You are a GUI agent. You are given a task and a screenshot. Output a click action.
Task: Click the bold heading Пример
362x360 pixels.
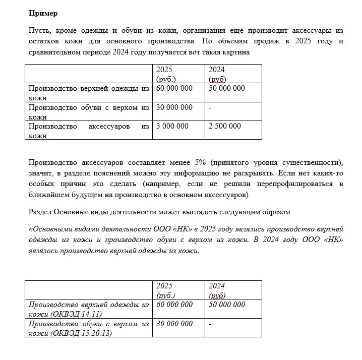43,13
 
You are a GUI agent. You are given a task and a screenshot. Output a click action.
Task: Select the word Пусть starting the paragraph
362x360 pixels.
39,31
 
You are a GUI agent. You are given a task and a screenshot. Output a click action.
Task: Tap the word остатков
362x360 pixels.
44,41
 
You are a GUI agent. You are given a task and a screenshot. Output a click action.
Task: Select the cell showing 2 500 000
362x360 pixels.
225,126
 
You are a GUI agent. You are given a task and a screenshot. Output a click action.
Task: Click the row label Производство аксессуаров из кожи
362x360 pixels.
89,131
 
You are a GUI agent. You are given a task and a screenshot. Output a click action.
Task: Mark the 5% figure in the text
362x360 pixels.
199,162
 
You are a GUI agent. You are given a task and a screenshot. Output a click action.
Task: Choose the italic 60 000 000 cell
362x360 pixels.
174,305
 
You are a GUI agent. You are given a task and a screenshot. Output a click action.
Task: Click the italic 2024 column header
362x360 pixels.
217,286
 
